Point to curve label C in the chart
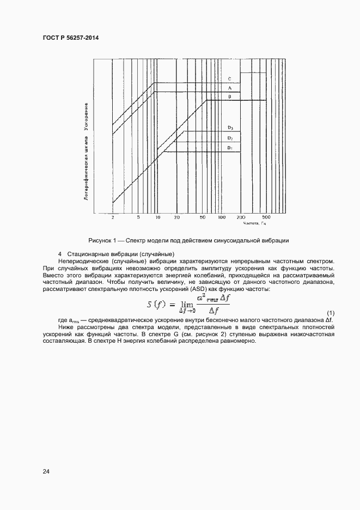pos(230,79)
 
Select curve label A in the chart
pos(230,88)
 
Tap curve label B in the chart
pos(230,96)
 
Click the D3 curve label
pos(230,127)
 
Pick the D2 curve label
pos(230,138)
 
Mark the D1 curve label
pos(230,148)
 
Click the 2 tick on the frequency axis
pos(113,217)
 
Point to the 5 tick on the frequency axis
pos(138,217)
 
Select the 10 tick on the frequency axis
pos(157,217)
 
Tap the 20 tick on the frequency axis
pos(177,217)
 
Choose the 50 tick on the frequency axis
pos(203,217)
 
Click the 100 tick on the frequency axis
pos(222,217)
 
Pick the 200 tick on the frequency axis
pos(241,217)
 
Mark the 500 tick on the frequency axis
pos(266,217)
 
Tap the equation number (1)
pos(330,312)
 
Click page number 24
pos(46,472)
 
